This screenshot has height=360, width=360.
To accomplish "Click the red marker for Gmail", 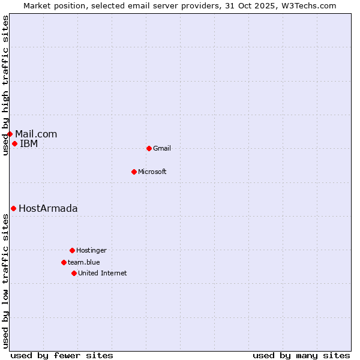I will point(149,148).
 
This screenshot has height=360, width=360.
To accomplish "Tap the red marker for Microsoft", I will point(134,172).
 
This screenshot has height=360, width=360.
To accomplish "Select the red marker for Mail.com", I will point(10,134).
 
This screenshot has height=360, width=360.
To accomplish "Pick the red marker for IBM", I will point(14,143).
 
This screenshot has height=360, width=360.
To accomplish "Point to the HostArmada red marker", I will point(13,208).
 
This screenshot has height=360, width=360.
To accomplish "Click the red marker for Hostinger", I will point(72,250).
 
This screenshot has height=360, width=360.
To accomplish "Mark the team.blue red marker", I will point(64,262).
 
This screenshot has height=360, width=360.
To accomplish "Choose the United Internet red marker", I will point(74,273).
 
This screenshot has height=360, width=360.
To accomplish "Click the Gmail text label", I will point(162,148).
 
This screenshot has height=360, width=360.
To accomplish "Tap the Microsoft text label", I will point(152,172).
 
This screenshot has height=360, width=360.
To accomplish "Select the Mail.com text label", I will point(36,134).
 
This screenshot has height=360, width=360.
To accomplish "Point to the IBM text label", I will point(29,143).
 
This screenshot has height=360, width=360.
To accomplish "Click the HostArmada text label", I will point(48,208).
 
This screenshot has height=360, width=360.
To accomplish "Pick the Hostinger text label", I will point(91,250).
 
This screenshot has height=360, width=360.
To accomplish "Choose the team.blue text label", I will point(84,262).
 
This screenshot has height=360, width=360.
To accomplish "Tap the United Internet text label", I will point(103,273).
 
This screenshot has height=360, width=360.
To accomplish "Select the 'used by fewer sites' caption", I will point(62,355).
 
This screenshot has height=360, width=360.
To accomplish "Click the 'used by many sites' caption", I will point(301,355).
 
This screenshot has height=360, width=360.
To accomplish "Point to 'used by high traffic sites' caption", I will point(5,85).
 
